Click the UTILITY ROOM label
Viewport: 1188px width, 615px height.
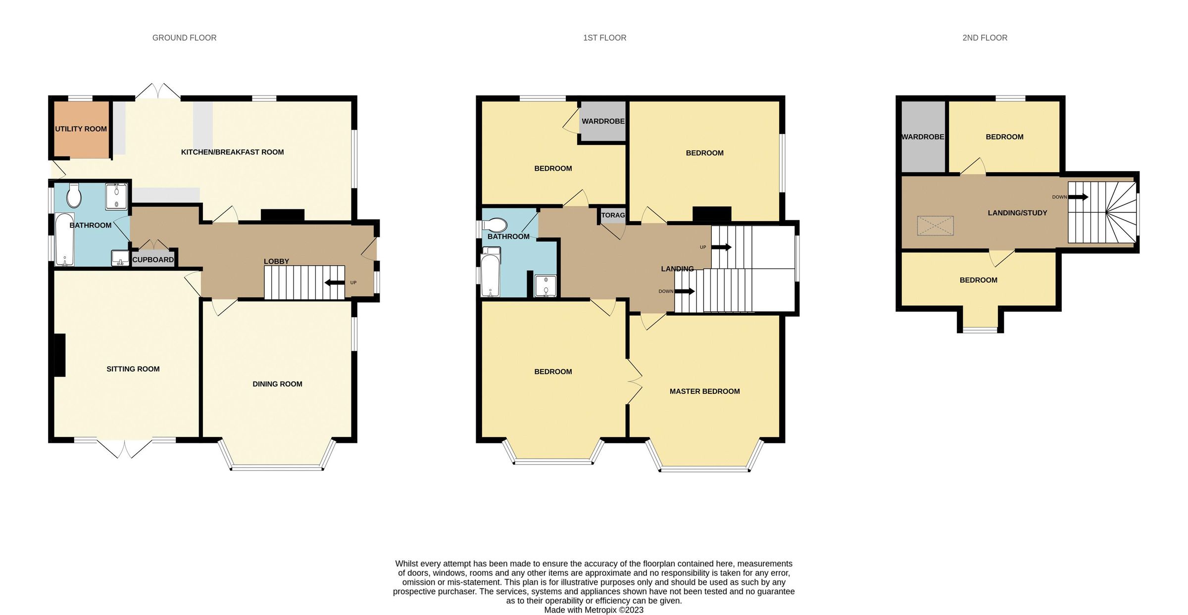click(81, 129)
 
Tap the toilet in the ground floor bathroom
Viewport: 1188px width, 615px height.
click(74, 196)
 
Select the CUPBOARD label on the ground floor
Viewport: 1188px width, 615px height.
click(153, 260)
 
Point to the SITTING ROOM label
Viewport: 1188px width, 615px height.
click(133, 369)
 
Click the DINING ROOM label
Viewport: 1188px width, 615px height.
click(277, 384)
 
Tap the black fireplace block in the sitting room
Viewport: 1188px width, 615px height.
click(59, 355)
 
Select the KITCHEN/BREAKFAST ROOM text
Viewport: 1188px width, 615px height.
click(232, 152)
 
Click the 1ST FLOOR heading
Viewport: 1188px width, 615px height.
click(604, 38)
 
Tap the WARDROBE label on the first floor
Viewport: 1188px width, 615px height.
click(603, 121)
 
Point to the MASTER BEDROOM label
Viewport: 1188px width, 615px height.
click(704, 391)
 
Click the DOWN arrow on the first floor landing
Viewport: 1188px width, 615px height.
click(685, 291)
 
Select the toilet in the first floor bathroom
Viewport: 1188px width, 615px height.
click(495, 226)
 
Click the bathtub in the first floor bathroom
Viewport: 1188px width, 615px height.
click(491, 275)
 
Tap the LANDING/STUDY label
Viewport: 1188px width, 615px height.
click(1017, 213)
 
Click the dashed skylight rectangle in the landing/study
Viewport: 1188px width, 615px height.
click(935, 226)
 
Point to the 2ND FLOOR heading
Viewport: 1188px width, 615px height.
click(985, 38)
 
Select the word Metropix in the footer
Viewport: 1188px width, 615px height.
click(600, 610)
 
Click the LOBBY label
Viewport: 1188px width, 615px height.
click(276, 262)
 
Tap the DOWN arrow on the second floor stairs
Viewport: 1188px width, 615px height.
click(1078, 197)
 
